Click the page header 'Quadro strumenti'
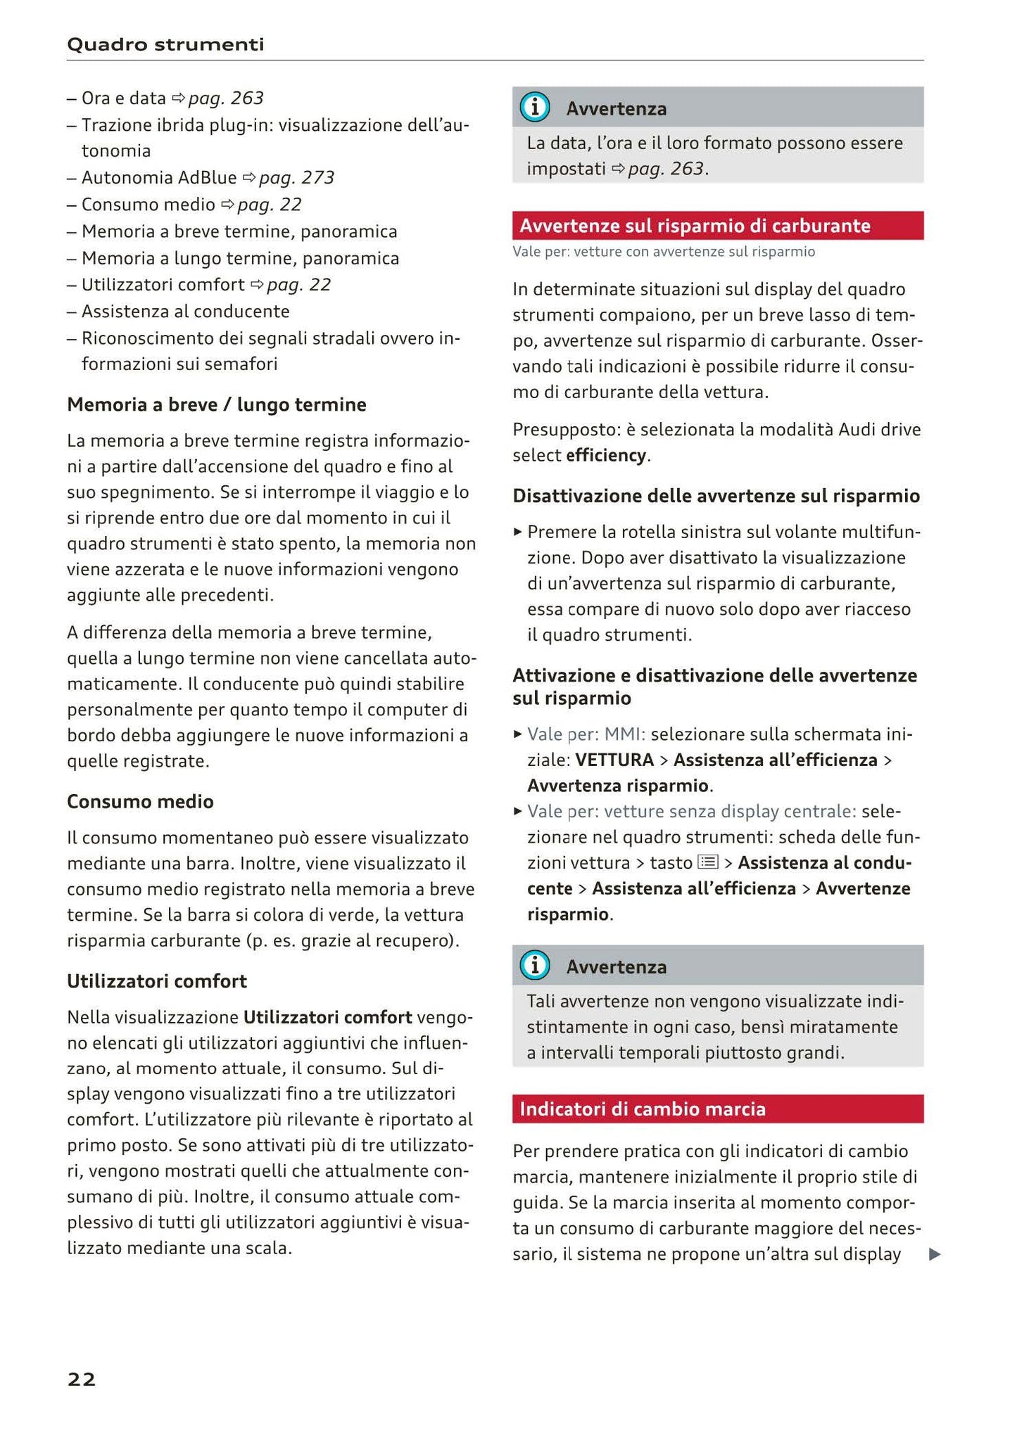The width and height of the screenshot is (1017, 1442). point(165,45)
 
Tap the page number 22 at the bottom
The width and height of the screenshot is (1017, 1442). point(82,1379)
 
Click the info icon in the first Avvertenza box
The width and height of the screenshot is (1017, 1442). point(535,108)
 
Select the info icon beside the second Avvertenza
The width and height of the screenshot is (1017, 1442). point(535,966)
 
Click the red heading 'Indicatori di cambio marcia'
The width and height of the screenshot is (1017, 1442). point(642,1109)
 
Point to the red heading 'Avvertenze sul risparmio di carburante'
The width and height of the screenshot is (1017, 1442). point(695,226)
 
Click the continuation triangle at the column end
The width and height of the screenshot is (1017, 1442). point(935,1255)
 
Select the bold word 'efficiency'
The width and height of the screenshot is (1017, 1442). point(606,456)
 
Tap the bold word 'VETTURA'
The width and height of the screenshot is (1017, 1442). point(614,760)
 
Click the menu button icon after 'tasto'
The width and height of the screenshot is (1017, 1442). point(707,862)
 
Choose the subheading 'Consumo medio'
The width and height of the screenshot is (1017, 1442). point(140,802)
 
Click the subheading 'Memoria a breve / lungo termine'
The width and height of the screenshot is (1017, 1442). point(217,404)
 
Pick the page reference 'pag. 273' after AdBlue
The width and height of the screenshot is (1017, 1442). point(296,178)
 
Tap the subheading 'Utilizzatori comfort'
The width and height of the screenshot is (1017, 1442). point(157,981)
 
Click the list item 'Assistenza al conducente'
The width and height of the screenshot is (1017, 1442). point(185,312)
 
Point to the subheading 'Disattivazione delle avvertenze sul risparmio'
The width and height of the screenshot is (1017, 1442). point(716,497)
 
